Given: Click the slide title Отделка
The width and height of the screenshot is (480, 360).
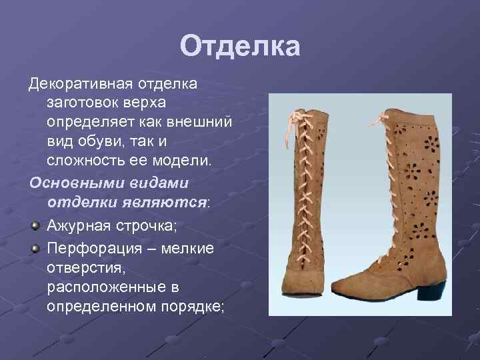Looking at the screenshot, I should click(240, 47).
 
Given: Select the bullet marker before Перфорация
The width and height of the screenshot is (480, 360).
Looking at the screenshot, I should click(35, 249).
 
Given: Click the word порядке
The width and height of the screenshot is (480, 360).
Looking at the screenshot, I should click(193, 306).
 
